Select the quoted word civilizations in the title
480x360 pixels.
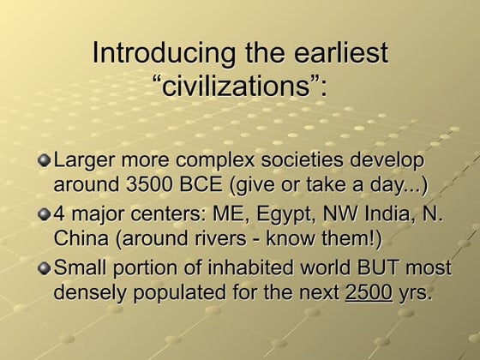coord(241,87)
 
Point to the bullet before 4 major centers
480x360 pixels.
coord(45,212)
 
